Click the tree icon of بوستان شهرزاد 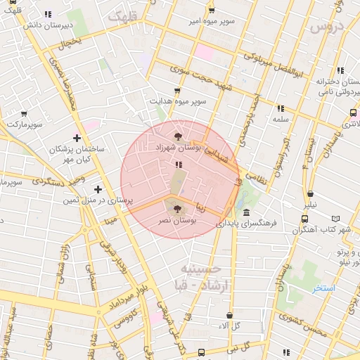point(176,136)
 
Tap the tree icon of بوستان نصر point(176,208)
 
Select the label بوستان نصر point(176,220)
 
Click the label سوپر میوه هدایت point(177,101)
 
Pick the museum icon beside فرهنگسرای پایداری point(246,212)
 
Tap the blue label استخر point(324,288)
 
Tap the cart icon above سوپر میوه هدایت point(176,91)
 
